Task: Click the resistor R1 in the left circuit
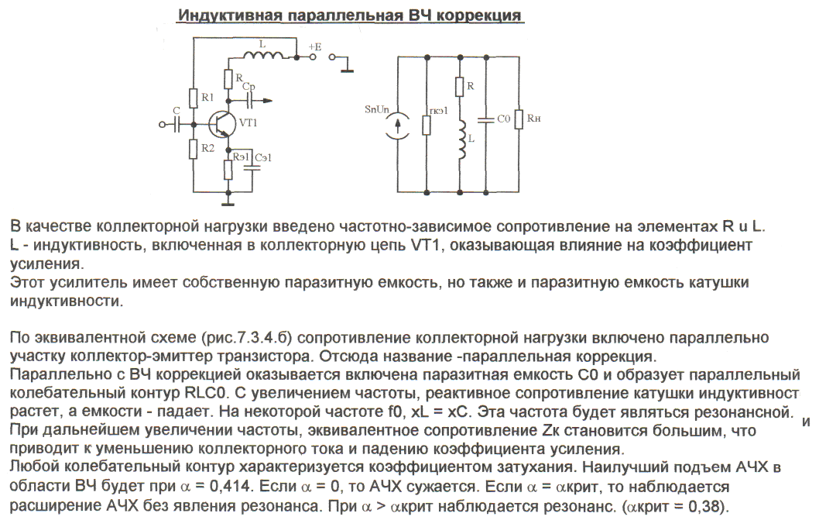(x=194, y=98)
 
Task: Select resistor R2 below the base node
(x=194, y=146)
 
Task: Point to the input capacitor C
(x=177, y=122)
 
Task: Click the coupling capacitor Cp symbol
(x=249, y=100)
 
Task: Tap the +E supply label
(x=314, y=46)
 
